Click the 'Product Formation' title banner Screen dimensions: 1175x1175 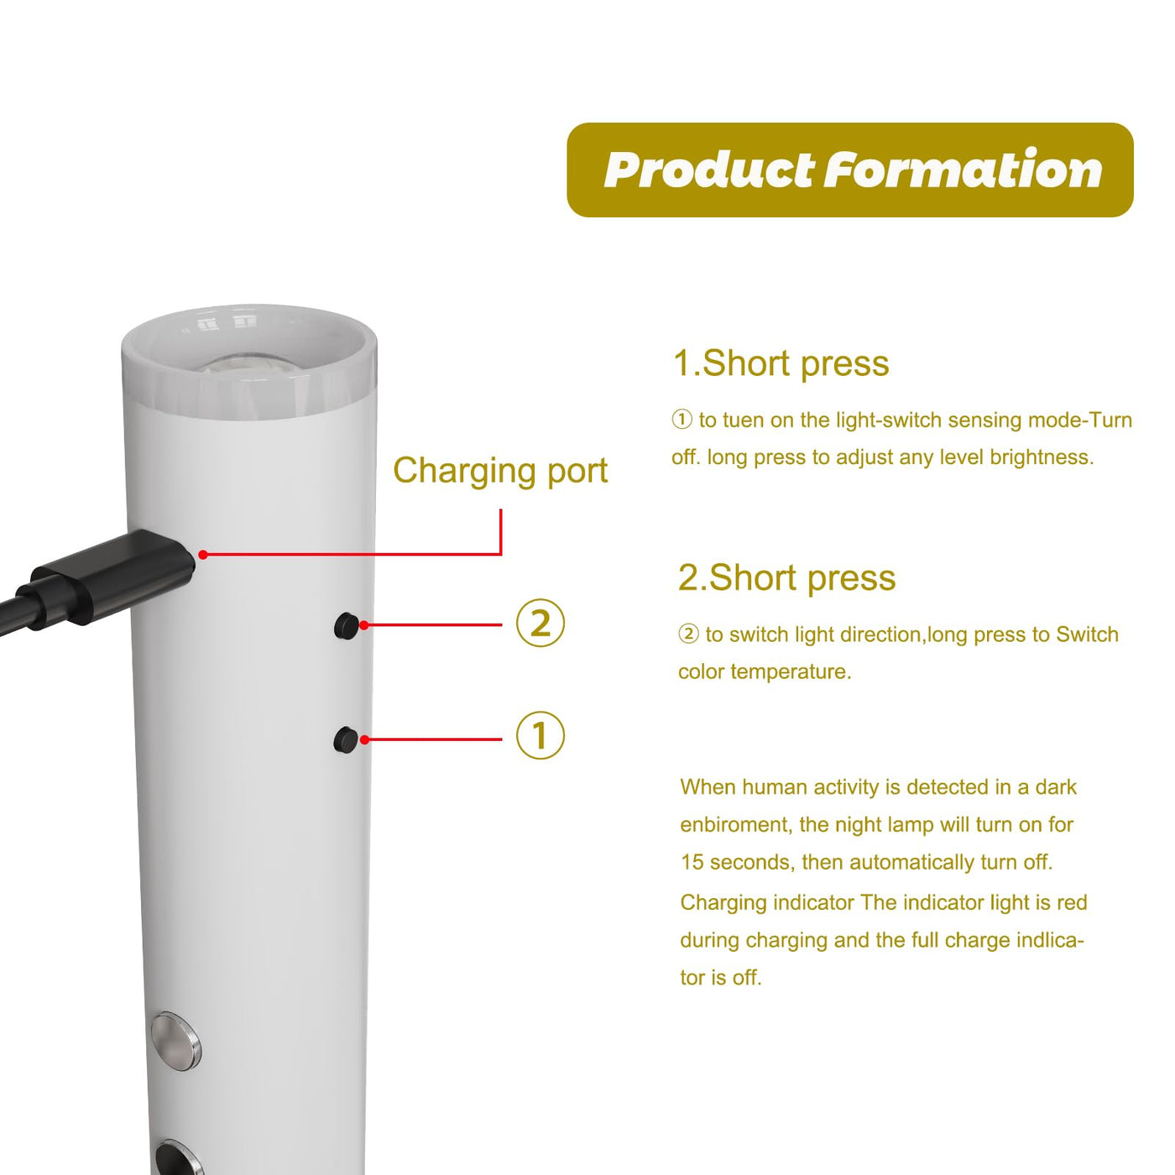point(849,170)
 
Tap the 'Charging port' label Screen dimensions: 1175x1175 point(500,472)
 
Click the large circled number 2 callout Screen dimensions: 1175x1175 point(540,624)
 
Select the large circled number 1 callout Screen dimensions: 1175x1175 point(540,735)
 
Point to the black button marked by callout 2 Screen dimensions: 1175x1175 point(347,626)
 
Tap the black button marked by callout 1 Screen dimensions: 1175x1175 point(346,739)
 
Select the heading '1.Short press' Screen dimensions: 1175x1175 point(781,364)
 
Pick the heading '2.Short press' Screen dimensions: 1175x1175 point(786,578)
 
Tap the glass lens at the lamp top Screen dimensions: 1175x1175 point(249,365)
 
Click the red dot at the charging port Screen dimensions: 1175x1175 point(203,554)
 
